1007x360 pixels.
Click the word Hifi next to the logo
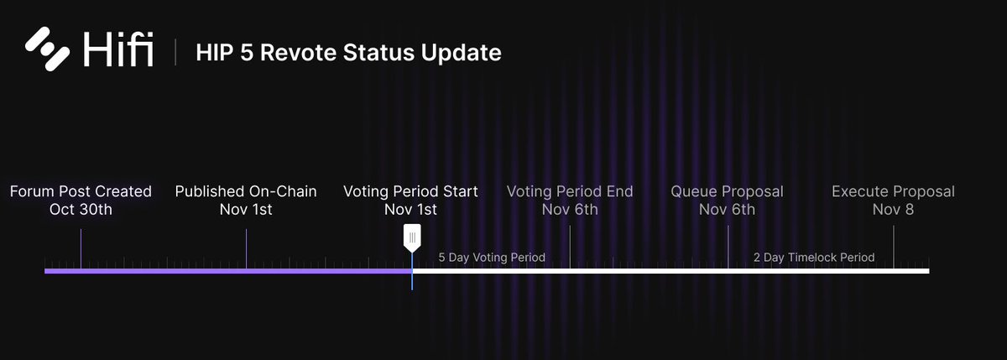click(118, 51)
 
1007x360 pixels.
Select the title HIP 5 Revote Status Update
click(348, 53)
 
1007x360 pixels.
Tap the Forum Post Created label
click(81, 192)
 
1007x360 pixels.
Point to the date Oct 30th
click(81, 209)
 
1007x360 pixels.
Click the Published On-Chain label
click(246, 192)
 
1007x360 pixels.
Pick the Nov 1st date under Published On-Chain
click(246, 209)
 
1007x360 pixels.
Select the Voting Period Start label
click(410, 192)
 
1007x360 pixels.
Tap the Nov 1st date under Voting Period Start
click(410, 209)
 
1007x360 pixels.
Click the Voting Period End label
click(570, 192)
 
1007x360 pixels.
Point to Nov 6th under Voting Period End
click(570, 209)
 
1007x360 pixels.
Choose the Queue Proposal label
click(727, 192)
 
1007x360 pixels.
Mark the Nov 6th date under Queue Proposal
click(727, 209)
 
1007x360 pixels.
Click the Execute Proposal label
click(893, 192)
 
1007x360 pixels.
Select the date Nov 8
click(893, 209)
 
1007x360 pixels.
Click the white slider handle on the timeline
click(412, 238)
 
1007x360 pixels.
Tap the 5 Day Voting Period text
click(492, 257)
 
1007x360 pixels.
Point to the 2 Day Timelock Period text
click(814, 258)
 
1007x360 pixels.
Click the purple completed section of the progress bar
click(227, 271)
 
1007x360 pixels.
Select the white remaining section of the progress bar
click(671, 271)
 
